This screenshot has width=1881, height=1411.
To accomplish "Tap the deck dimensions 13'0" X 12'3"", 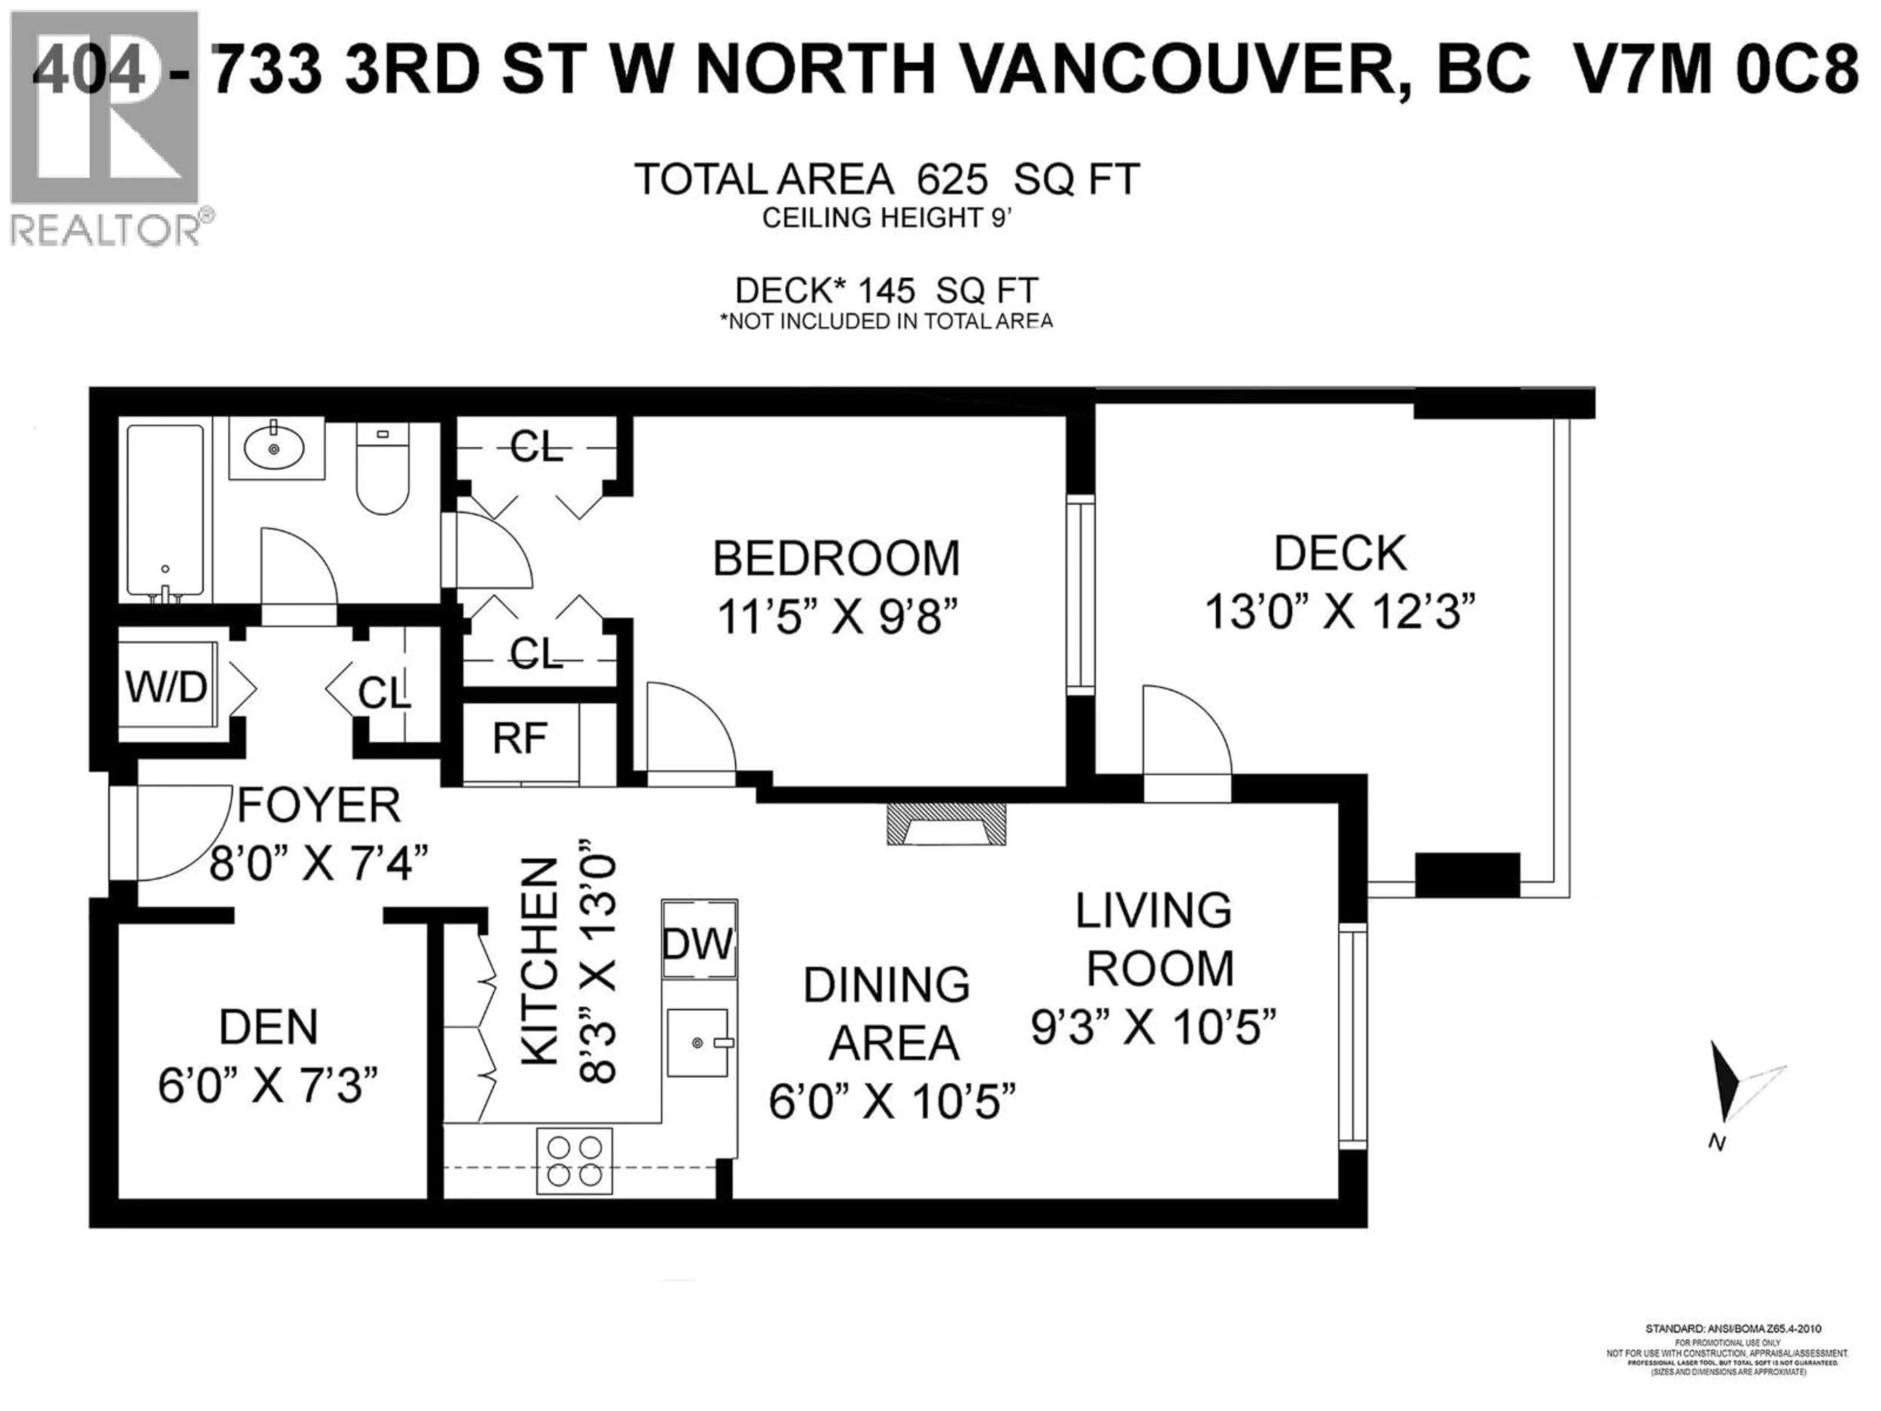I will tap(1340, 610).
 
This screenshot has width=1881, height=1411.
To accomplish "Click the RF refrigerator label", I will tap(520, 738).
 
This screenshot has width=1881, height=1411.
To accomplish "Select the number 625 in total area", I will tap(952, 179).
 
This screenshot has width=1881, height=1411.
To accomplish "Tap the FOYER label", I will tap(319, 804).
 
